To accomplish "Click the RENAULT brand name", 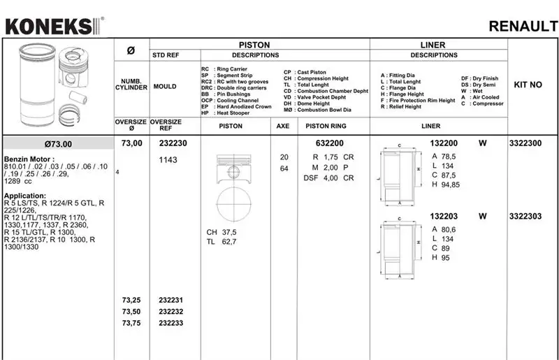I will click(x=523, y=27).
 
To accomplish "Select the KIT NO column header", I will click(x=528, y=85).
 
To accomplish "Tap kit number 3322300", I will click(x=525, y=143).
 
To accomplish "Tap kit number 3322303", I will click(x=525, y=217).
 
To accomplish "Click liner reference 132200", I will click(x=444, y=143).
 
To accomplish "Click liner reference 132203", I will click(x=444, y=217).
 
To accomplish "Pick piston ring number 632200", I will click(x=329, y=143).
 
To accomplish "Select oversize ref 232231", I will click(x=172, y=301).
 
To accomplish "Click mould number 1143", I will click(x=168, y=160).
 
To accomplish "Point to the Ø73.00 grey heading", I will click(x=58, y=144).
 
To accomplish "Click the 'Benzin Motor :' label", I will click(x=27, y=159).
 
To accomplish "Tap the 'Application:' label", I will click(x=26, y=196).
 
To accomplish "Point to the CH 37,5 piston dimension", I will click(x=221, y=231).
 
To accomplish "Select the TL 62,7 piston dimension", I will click(x=221, y=242).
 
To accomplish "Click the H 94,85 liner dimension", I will click(x=446, y=185).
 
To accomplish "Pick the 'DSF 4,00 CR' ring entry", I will click(x=328, y=178).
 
